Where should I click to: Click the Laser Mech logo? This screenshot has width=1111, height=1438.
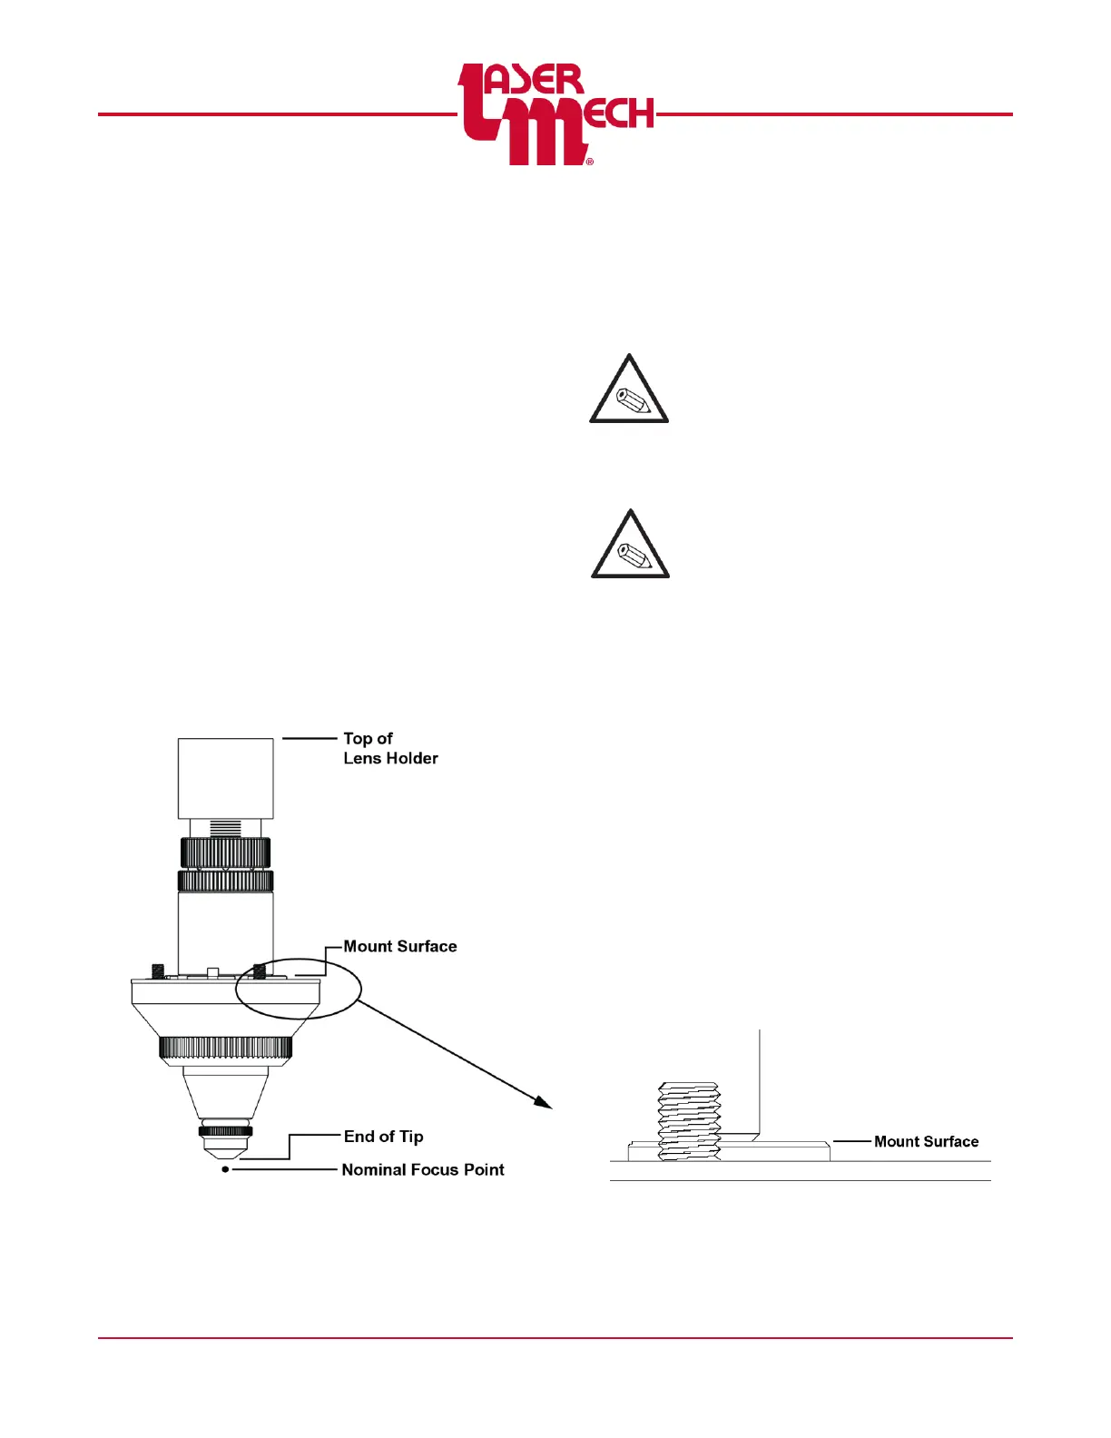point(555,114)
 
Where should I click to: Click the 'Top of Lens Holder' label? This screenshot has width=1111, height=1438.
point(390,748)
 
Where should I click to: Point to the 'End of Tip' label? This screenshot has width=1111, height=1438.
point(383,1137)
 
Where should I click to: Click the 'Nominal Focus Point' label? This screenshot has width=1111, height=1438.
point(422,1170)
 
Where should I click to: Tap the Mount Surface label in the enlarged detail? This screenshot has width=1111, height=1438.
point(926,1142)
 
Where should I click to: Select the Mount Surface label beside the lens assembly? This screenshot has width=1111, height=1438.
point(399,946)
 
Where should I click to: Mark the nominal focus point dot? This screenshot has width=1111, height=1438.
point(225,1170)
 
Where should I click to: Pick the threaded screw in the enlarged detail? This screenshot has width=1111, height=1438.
point(689,1122)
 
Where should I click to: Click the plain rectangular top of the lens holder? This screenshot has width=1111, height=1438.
point(225,778)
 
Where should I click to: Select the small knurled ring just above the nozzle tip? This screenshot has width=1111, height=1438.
point(225,1131)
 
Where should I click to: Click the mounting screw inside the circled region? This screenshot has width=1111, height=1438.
point(261,970)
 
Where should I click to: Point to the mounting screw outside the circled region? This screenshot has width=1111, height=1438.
point(158,970)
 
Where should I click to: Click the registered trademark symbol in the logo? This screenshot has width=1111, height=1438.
point(590,162)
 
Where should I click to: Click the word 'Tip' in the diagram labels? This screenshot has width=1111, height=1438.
point(411,1137)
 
